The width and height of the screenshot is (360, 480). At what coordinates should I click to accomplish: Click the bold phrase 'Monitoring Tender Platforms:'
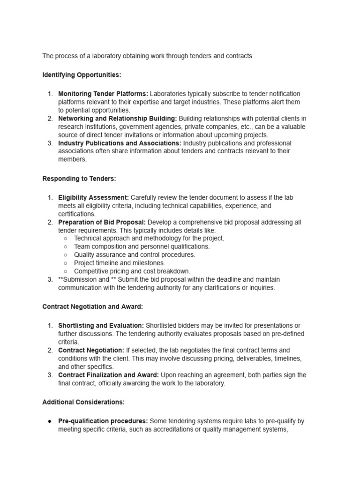pyautogui.click(x=103, y=94)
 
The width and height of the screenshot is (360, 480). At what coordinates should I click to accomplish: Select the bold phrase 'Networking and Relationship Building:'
pyautogui.click(x=118, y=119)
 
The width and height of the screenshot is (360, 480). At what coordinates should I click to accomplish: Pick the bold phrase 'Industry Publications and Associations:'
pyautogui.click(x=120, y=143)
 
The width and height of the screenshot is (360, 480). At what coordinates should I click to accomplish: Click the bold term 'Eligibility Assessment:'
pyautogui.click(x=93, y=198)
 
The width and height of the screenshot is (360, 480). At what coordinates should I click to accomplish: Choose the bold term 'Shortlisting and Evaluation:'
pyautogui.click(x=101, y=325)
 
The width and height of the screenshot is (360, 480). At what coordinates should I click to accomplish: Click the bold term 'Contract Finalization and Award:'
pyautogui.click(x=108, y=375)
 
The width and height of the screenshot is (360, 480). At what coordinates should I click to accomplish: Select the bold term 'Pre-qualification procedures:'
pyautogui.click(x=103, y=421)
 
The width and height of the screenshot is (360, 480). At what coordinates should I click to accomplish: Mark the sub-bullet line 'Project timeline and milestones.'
pyautogui.click(x=120, y=263)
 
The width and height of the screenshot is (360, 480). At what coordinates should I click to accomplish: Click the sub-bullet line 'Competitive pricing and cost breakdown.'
pyautogui.click(x=132, y=271)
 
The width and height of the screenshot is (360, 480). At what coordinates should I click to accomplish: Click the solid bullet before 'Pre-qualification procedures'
pyautogui.click(x=50, y=421)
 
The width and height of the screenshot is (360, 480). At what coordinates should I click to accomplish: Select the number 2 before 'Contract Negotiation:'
pyautogui.click(x=50, y=350)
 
